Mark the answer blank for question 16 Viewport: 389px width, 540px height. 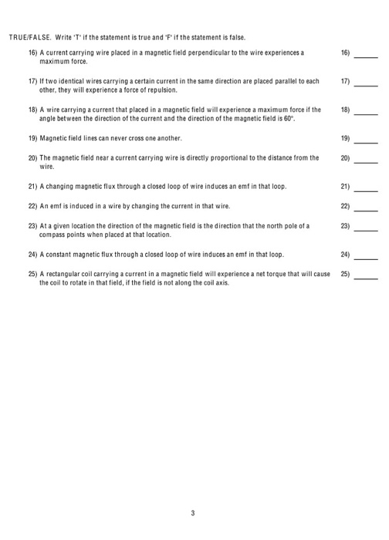point(366,56)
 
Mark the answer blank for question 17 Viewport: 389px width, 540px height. point(366,83)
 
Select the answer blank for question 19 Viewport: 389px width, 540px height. point(366,141)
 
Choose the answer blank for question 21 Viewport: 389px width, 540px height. point(366,189)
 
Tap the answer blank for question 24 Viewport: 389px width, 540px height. point(366,256)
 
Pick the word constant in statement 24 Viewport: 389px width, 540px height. point(59,253)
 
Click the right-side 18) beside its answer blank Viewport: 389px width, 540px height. point(345,110)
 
